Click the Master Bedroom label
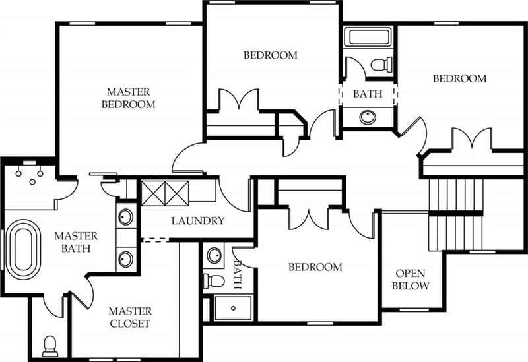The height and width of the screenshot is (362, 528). click(x=128, y=98)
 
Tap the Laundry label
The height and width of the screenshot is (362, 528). click(x=198, y=221)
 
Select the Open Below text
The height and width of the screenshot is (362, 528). click(x=411, y=280)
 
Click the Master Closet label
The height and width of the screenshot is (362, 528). click(x=130, y=317)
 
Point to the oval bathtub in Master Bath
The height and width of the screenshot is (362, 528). click(x=23, y=249)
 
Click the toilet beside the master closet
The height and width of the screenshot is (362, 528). click(x=50, y=346)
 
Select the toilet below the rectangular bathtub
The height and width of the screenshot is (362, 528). click(x=381, y=64)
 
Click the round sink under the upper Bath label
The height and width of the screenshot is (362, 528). click(x=368, y=117)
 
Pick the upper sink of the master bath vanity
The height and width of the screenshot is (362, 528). click(x=125, y=217)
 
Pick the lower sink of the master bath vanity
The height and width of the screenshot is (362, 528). click(x=125, y=259)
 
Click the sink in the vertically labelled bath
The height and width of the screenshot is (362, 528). click(x=214, y=255)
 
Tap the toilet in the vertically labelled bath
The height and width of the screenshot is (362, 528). click(x=214, y=282)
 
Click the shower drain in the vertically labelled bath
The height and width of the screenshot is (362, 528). click(x=234, y=308)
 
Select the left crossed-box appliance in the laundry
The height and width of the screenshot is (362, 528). click(x=153, y=193)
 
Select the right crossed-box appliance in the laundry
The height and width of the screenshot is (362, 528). click(x=177, y=193)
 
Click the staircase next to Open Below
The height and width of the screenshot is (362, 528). click(x=455, y=214)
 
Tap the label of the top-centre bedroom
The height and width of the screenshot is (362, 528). click(x=271, y=55)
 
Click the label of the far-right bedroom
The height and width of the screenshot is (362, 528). click(x=459, y=78)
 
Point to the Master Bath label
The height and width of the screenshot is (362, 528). click(x=76, y=242)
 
